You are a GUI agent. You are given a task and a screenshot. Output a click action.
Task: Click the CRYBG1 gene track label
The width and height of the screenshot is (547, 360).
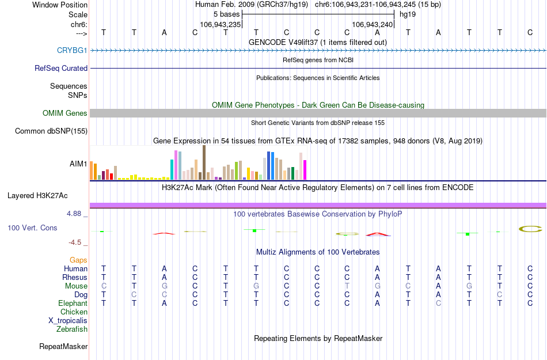(x=72, y=51)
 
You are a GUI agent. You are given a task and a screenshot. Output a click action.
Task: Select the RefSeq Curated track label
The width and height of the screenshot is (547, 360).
(x=61, y=68)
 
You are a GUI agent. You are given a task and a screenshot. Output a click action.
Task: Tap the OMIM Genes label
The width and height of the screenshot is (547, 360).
(x=64, y=113)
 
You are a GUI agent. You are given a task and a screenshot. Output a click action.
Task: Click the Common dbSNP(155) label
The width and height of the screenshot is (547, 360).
(x=51, y=131)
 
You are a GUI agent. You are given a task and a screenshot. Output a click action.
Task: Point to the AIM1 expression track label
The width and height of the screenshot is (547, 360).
(x=78, y=164)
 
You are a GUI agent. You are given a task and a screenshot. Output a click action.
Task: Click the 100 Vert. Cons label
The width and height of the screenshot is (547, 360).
(x=32, y=228)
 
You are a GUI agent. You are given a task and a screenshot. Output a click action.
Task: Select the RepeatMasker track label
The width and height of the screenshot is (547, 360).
(x=63, y=347)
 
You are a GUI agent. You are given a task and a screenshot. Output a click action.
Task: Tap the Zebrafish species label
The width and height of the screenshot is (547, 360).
(x=72, y=329)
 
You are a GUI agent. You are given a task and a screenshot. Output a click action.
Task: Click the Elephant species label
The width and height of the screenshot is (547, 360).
(x=73, y=304)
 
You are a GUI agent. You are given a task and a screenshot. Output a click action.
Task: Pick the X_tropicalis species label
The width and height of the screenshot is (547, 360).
(x=68, y=321)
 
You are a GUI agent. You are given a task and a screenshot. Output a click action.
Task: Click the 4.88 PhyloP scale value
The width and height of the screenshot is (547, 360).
(x=76, y=214)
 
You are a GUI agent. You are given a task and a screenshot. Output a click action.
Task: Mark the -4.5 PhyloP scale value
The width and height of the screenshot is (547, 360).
(x=78, y=242)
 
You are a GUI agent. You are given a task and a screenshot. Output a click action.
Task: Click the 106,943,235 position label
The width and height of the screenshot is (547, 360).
(x=220, y=25)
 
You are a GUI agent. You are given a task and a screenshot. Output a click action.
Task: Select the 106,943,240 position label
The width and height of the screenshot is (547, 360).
(x=372, y=25)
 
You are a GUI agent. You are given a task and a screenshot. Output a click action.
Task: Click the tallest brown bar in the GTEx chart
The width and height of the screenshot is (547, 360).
(x=204, y=162)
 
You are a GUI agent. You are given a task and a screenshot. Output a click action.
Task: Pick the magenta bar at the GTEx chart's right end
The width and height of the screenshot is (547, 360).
(x=305, y=169)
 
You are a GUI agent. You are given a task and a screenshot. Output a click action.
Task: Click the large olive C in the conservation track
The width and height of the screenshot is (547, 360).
(x=530, y=229)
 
